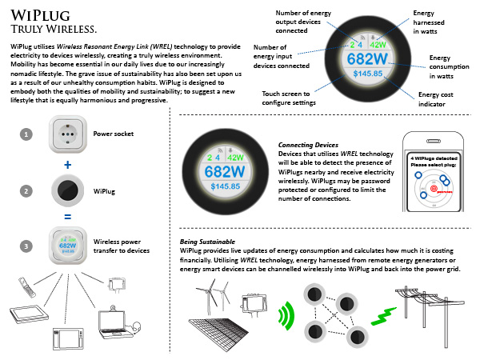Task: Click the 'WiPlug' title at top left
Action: click(35, 15)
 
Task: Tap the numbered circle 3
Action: click(26, 246)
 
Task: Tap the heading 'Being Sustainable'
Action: click(207, 241)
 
